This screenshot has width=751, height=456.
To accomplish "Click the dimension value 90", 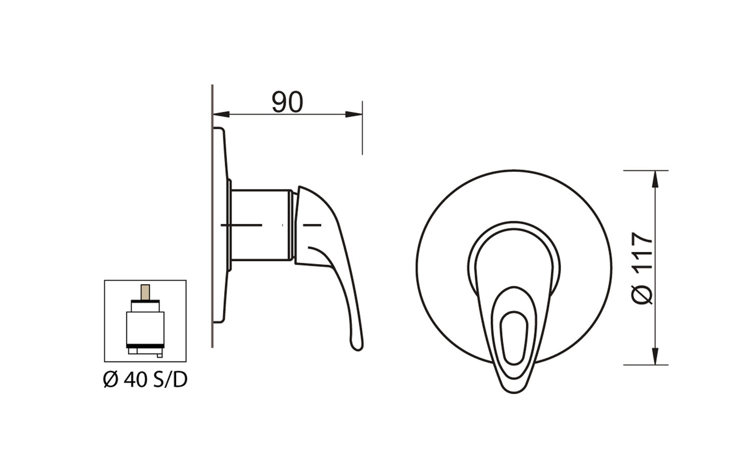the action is [287, 102].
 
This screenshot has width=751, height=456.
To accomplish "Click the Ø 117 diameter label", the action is [642, 269].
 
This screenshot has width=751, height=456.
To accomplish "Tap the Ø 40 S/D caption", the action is [145, 380].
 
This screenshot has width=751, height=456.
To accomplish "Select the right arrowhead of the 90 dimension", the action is [354, 114].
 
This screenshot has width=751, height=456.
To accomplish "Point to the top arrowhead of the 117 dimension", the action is [655, 179].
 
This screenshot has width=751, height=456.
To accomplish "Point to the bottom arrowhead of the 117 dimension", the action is [655, 356].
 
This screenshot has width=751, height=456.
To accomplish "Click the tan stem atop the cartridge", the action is [145, 292].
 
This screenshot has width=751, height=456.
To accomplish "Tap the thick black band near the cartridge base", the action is [145, 346].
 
